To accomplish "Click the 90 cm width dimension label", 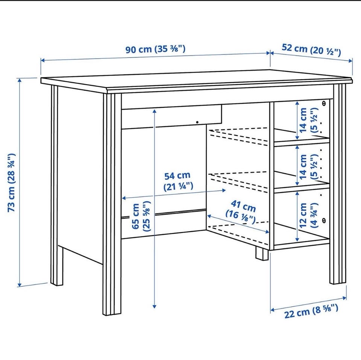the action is click(155, 49).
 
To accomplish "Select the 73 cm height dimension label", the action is click(12, 183).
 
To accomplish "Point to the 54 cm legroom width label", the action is click(178, 181).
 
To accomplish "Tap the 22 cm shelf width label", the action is click(311, 311).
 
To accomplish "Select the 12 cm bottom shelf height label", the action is click(308, 215).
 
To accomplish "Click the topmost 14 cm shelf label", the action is click(308, 120).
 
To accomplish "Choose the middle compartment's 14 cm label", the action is click(308, 167).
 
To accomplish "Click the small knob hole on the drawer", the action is click(197, 122).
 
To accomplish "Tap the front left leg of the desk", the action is click(112, 204).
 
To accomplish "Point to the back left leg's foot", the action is click(57, 267).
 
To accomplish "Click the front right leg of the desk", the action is click(338, 184).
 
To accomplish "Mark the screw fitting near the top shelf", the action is click(324, 103).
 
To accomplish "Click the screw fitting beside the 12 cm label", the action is click(324, 220).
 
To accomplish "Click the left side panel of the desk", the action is click(80, 175).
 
